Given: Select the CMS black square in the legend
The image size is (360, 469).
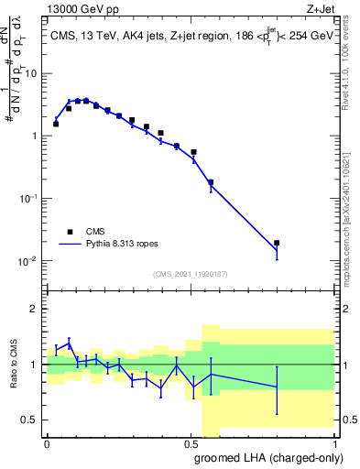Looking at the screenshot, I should (x=69, y=232).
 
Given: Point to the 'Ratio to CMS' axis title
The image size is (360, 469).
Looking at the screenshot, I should (x=15, y=365).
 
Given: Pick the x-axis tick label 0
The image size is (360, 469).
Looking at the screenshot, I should (x=46, y=442).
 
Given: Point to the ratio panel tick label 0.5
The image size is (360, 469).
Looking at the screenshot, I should (x=31, y=420).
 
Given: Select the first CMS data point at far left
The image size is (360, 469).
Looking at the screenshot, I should (x=56, y=124).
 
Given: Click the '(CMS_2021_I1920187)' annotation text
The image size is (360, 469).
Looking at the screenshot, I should (x=191, y=273).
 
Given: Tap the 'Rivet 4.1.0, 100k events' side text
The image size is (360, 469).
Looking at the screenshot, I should (x=351, y=82).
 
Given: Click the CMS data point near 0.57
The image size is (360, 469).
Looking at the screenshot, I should (x=211, y=182).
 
